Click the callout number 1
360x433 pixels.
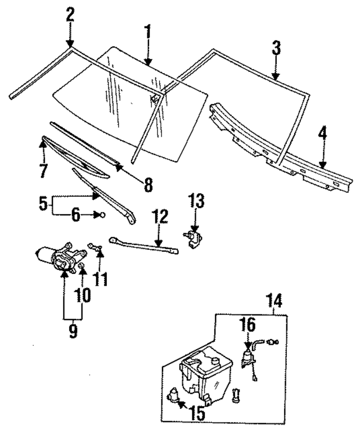[x=148, y=31]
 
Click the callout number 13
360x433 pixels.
[x=197, y=200]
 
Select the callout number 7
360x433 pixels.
[x=43, y=170]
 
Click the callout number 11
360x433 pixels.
[x=100, y=279]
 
